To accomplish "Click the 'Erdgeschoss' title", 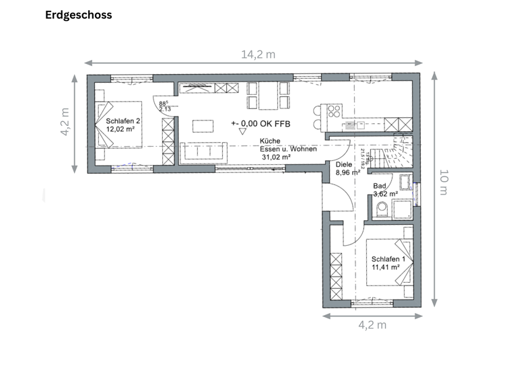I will (x=79, y=14).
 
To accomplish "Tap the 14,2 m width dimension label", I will (x=258, y=55).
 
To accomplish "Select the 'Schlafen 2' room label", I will (x=123, y=121).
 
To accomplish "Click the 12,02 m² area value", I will (x=121, y=129).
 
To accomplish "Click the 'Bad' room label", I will (x=380, y=185).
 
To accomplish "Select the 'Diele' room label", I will (x=343, y=164).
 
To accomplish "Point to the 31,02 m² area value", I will (x=276, y=157).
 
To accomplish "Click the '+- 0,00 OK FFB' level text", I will (x=260, y=123).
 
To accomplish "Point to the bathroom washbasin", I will (x=405, y=182).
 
